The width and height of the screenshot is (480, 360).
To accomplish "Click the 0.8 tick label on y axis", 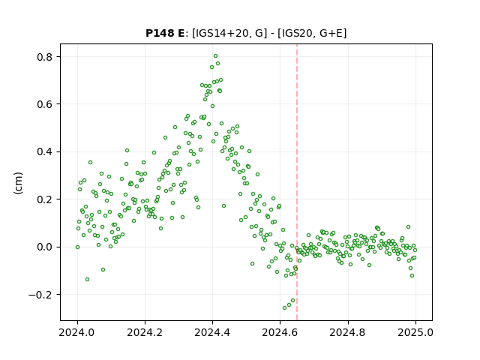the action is click(x=45, y=57).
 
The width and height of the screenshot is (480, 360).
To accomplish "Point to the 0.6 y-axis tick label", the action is click(x=45, y=104).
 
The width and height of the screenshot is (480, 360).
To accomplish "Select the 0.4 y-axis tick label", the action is click(x=45, y=151).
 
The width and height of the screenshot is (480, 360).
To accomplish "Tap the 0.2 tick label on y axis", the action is click(x=45, y=199).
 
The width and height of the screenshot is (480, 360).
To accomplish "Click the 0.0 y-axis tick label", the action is click(x=45, y=247).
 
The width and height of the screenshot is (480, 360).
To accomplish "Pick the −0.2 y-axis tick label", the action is click(x=40, y=295).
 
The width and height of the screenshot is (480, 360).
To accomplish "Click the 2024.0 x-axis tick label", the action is click(x=77, y=332).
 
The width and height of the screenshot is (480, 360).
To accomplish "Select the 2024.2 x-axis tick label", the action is click(x=145, y=332).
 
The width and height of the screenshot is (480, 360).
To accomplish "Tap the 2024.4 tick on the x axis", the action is click(x=212, y=332).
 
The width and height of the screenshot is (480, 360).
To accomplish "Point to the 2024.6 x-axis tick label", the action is click(x=280, y=332).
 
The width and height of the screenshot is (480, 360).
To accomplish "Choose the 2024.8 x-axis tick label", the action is click(x=348, y=332).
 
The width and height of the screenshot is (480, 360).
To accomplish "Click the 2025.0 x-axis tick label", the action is click(x=415, y=332).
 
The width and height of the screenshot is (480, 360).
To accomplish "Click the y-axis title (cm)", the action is click(x=18, y=183).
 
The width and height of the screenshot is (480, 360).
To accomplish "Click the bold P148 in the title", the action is click(x=160, y=33).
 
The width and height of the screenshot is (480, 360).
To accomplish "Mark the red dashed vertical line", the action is click(x=297, y=182).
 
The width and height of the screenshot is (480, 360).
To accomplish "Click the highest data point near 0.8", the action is click(x=215, y=56).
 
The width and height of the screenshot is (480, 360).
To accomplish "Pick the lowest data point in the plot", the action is click(x=285, y=307).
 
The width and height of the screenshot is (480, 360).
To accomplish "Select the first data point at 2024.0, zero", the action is click(x=77, y=247).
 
